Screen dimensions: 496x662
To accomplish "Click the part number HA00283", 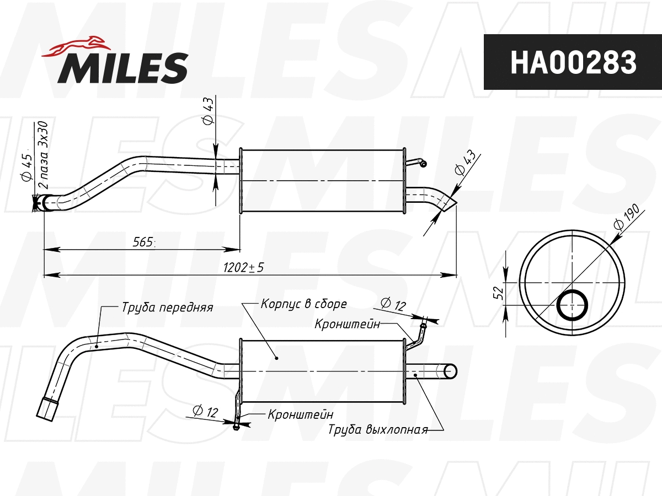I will pos(573,62).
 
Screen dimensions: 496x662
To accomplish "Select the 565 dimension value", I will pos(142,242).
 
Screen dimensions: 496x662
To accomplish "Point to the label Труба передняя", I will pos(167,308).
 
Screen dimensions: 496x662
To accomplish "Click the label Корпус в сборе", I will pos(303,304).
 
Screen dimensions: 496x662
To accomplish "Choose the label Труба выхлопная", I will pos(378,430).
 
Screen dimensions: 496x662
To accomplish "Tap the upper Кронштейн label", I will pos(347,324).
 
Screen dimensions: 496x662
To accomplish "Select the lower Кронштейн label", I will pos(300,414).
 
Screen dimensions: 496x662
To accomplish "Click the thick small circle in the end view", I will pos(572,304).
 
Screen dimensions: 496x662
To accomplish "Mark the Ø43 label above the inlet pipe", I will pos(208,111).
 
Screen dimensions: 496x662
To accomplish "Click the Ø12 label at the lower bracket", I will pos(205,411).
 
